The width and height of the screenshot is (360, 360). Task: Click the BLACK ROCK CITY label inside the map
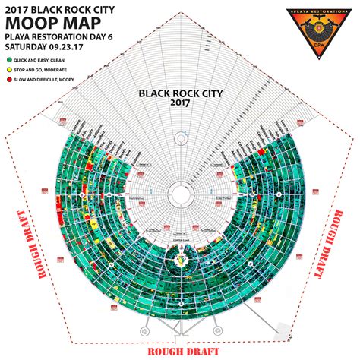click(x=180, y=93)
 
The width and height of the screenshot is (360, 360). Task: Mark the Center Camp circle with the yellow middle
click(x=180, y=261)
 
